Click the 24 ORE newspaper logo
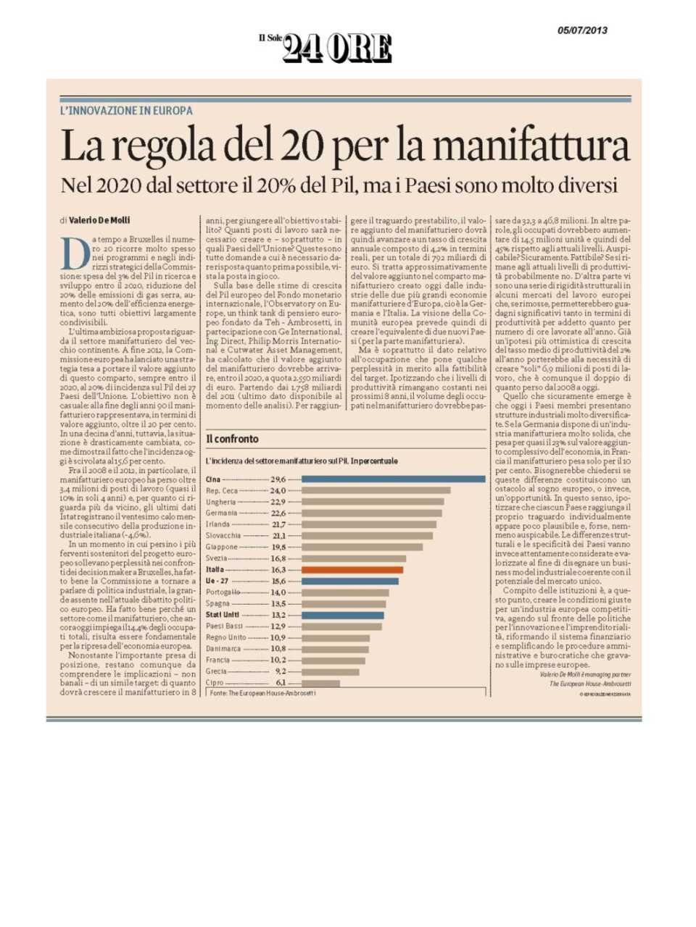tap(336, 48)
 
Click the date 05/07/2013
tap(582, 30)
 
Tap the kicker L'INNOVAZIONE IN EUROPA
tap(126, 111)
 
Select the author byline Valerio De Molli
tap(100, 220)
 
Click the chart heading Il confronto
tap(232, 439)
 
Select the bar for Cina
tap(393, 479)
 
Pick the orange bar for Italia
tap(352, 570)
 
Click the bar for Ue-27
tap(349, 581)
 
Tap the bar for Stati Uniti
tap(342, 615)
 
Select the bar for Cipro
tap(320, 683)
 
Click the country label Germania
tap(222, 513)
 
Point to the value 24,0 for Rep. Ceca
tap(278, 490)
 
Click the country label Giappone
tap(222, 547)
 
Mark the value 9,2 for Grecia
tap(280, 671)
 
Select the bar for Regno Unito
tap(335, 637)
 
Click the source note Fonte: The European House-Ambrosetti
tap(262, 693)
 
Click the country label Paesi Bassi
tap(224, 626)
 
